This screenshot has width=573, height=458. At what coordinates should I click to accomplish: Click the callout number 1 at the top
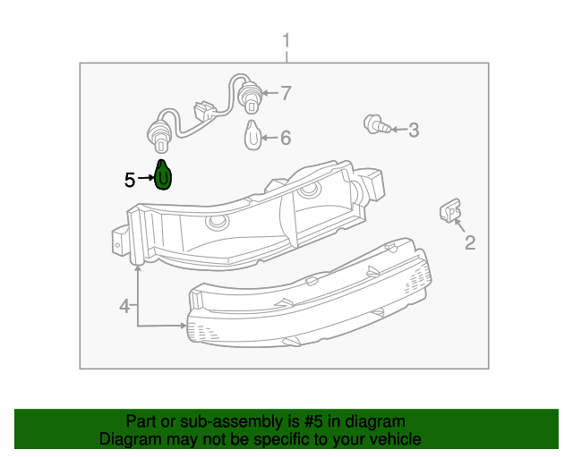point(286,40)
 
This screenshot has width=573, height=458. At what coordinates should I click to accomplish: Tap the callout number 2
point(469,242)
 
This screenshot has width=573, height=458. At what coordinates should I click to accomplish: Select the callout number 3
point(413,131)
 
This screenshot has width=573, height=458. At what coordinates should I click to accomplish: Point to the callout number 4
point(125,307)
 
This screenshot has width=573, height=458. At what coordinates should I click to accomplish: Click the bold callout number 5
point(130,180)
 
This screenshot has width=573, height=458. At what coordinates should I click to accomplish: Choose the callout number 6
point(286,138)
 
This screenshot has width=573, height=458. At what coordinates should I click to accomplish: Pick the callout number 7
point(286,92)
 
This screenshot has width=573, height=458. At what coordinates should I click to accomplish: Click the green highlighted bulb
point(163,175)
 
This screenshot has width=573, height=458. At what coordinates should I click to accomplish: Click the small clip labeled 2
point(449,210)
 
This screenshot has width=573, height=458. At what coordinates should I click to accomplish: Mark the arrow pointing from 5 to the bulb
point(145,180)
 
